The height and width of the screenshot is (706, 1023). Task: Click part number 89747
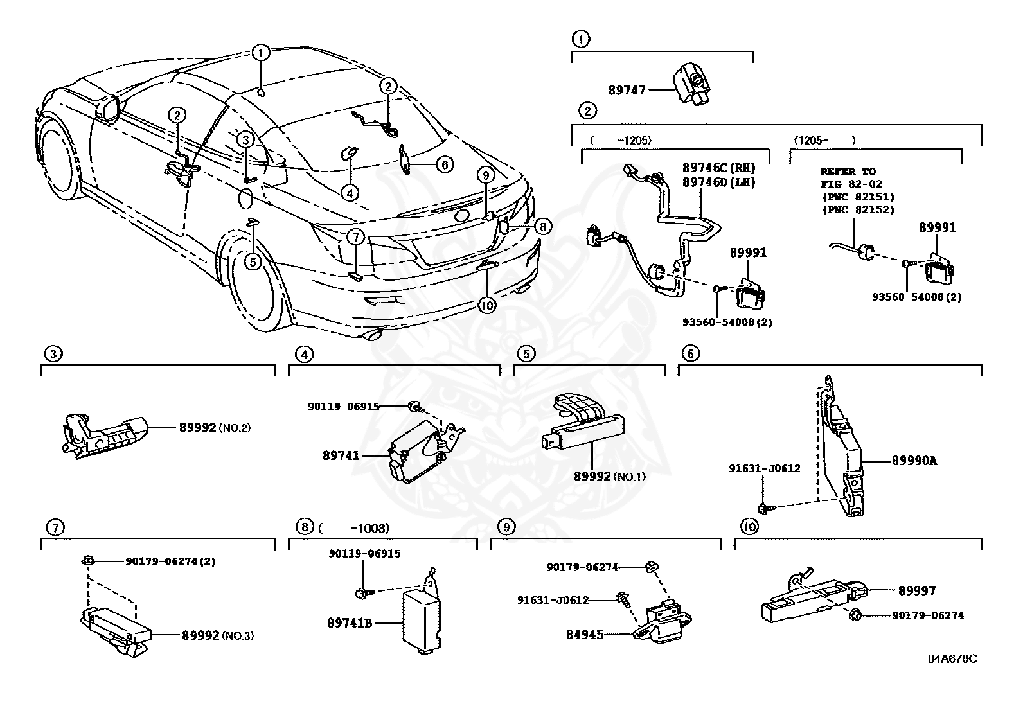coord(627,91)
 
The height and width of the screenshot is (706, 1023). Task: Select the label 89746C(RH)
coord(718,168)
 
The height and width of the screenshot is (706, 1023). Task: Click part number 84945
coord(584,635)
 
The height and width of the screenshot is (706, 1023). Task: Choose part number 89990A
coord(914,461)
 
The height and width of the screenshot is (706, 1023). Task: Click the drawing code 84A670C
coord(952,659)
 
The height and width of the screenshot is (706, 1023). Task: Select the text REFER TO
coord(848,172)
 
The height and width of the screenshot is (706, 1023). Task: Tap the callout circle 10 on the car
coord(487,306)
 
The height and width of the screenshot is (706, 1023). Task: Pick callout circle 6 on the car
coord(445,164)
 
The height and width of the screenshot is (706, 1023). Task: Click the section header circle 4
coord(305,353)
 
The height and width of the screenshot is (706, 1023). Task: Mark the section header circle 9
coord(506,527)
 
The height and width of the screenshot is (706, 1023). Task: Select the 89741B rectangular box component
coord(421,620)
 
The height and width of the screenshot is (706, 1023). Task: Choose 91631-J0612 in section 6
coord(764,468)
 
